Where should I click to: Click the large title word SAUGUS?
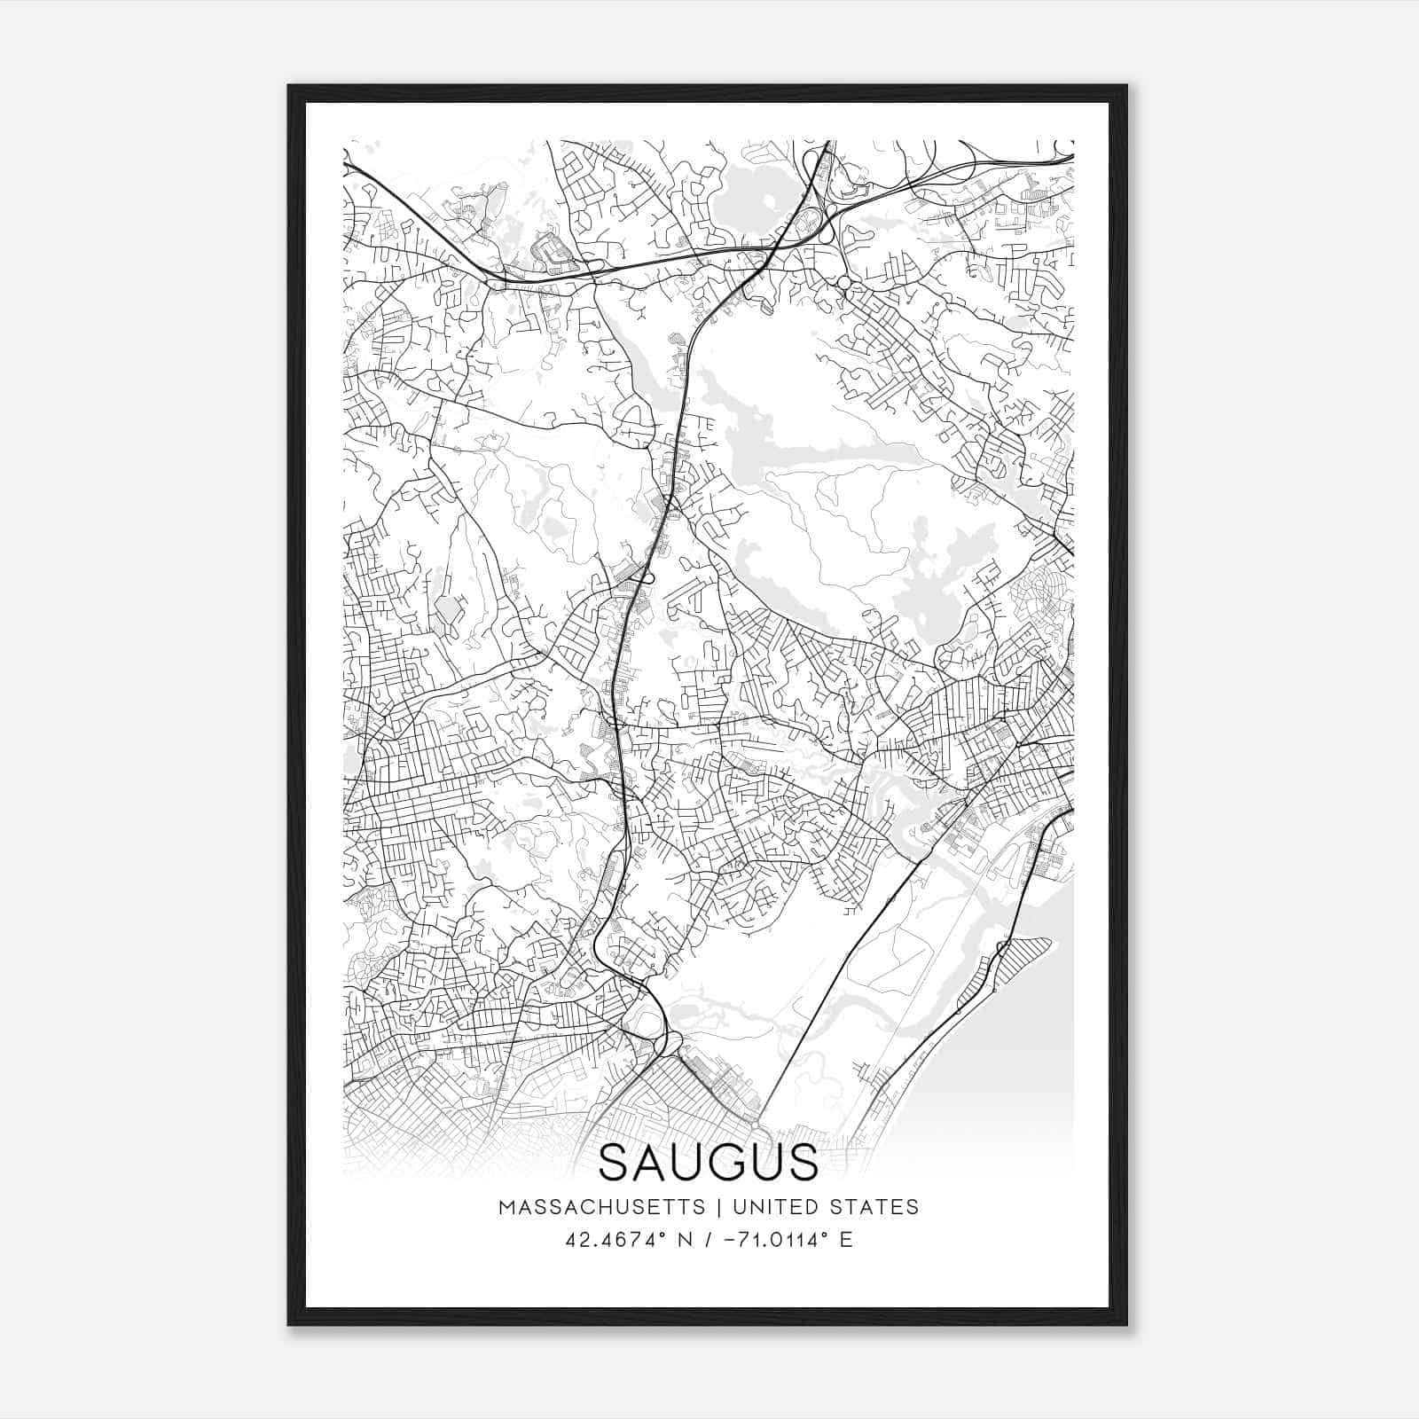pos(709,1162)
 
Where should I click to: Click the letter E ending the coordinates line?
pos(846,1240)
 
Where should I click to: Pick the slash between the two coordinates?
pos(706,1240)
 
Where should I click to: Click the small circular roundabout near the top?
pos(844,282)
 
